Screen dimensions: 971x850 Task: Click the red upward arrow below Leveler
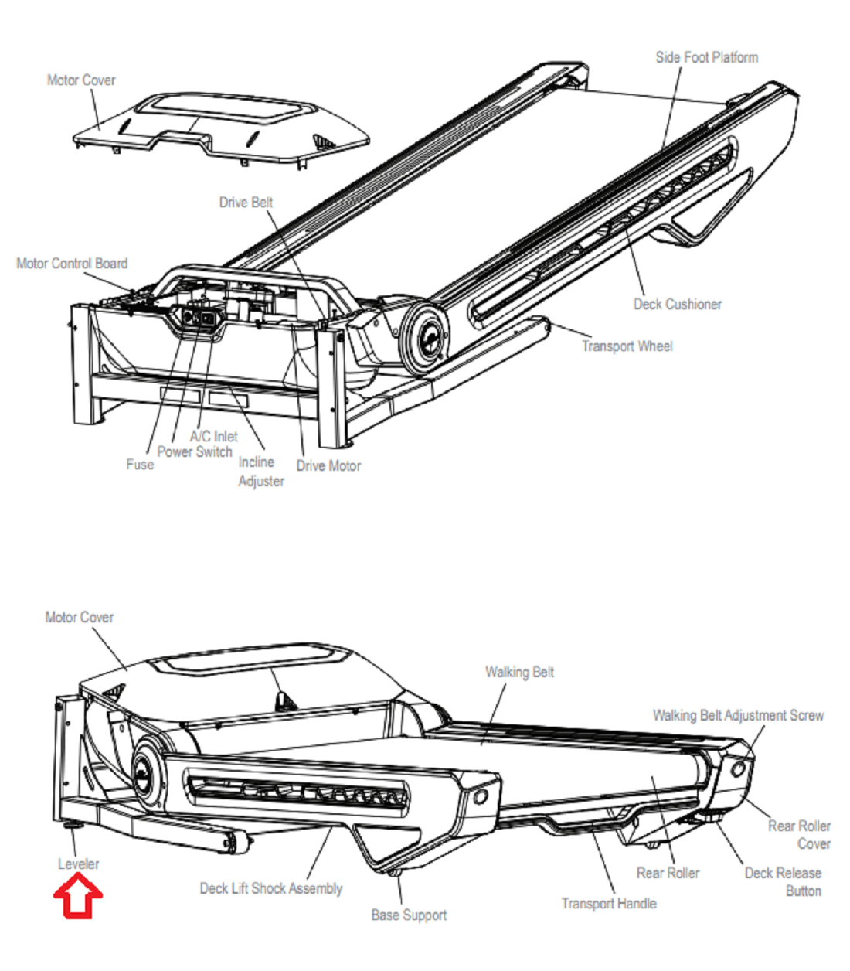click(78, 898)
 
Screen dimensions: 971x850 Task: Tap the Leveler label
click(78, 864)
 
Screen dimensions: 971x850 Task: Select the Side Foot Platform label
click(706, 57)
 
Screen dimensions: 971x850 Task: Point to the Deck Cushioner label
click(677, 304)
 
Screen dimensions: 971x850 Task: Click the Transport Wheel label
click(627, 346)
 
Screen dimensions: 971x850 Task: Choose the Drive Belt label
click(246, 203)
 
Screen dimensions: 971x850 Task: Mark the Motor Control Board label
click(72, 264)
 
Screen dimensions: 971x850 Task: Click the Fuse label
click(140, 465)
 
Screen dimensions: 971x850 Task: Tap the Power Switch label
click(195, 452)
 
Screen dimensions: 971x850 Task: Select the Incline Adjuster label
click(260, 472)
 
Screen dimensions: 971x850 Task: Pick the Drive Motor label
click(328, 465)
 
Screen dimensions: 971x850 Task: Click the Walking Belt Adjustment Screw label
click(738, 716)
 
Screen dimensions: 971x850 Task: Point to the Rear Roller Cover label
click(800, 835)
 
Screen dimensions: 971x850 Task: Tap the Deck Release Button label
click(783, 882)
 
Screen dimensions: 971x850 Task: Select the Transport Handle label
click(609, 903)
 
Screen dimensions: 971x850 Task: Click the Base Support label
click(409, 915)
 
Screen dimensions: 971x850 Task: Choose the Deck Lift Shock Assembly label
click(270, 888)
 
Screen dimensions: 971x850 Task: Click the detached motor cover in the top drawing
click(224, 128)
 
